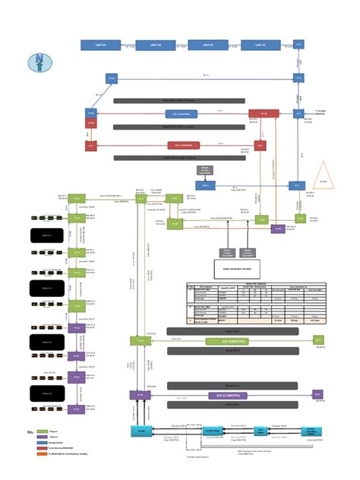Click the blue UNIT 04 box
[x=101, y=46]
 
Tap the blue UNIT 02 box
[x=207, y=46]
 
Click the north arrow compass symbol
[x=38, y=62]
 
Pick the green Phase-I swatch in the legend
[x=43, y=431]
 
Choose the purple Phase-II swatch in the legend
[x=43, y=437]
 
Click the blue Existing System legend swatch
[x=43, y=442]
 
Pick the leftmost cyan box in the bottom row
[x=141, y=431]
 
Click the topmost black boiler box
[x=46, y=235]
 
